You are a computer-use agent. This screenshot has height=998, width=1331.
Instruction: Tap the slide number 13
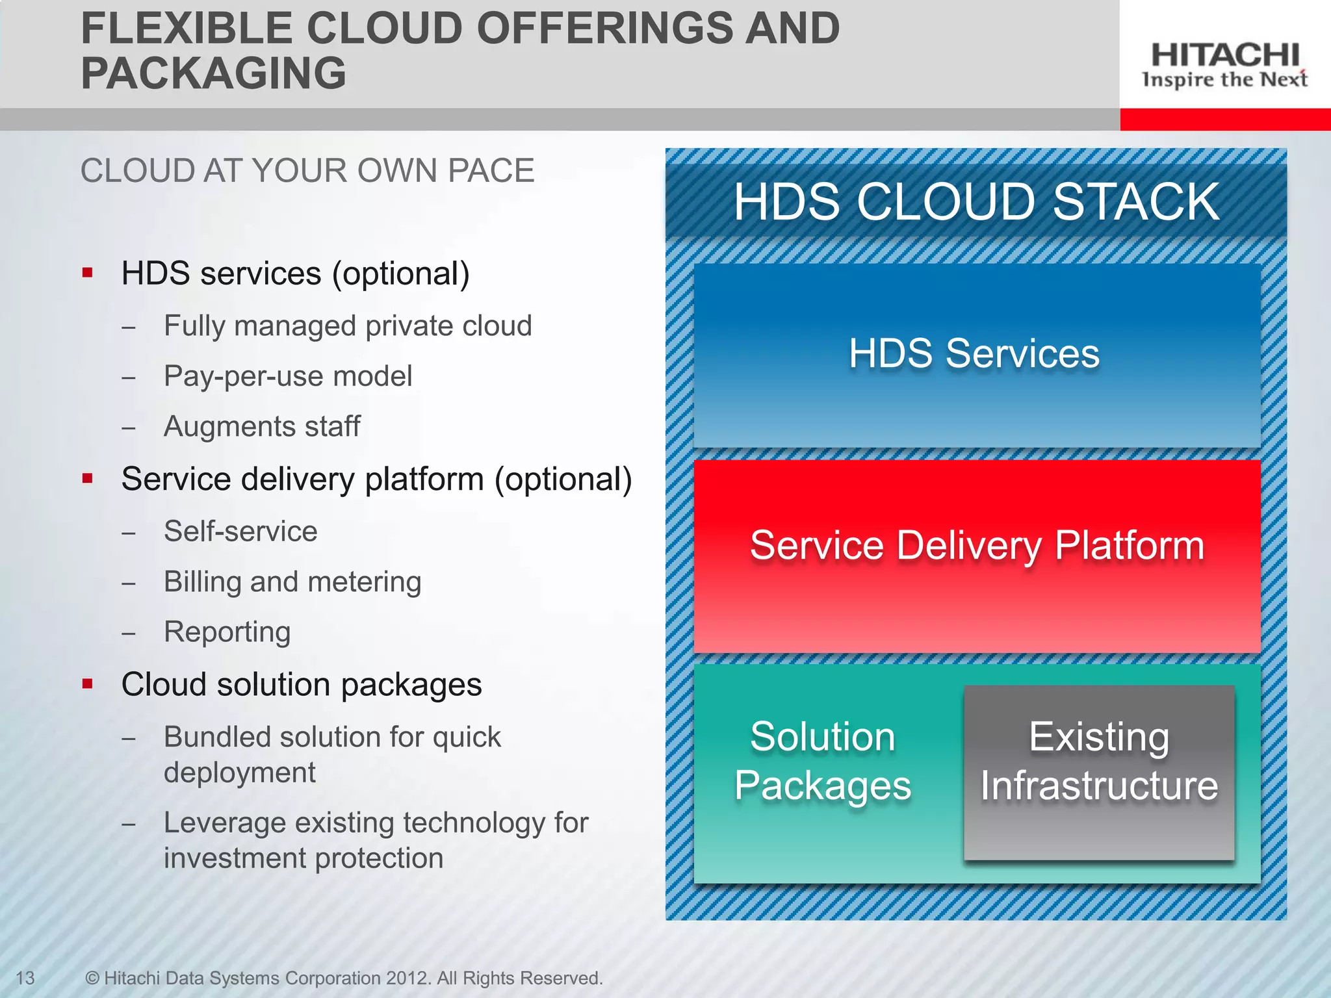25,978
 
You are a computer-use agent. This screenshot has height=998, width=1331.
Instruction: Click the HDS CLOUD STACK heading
976,201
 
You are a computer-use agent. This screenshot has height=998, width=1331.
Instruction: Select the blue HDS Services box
976,355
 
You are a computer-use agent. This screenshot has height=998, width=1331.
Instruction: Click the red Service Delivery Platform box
976,556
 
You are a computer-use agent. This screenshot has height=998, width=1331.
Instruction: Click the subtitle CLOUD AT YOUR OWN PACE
307,171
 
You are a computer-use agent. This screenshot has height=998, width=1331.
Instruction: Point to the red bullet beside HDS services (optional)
88,273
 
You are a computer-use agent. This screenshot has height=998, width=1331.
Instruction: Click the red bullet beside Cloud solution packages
88,684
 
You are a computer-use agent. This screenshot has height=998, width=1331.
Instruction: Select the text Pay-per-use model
288,376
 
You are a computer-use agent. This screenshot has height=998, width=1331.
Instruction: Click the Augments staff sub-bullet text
262,427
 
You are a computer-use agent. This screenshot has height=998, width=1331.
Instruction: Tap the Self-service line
240,531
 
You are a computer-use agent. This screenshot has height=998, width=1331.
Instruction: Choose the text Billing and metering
292,582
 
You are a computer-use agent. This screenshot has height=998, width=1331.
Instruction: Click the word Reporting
227,632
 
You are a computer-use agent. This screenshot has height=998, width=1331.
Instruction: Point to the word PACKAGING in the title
214,73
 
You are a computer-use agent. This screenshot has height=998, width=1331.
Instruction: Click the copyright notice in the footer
344,978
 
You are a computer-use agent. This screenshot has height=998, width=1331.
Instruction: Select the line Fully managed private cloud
348,326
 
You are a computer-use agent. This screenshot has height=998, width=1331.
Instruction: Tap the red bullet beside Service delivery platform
88,479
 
